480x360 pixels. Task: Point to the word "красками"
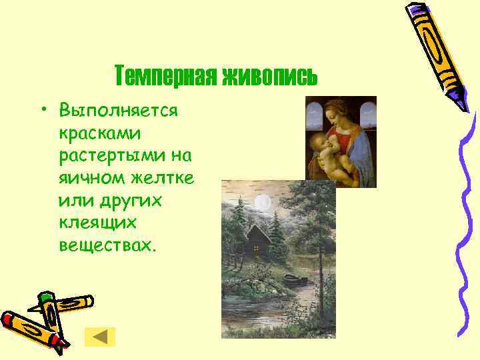pos(99,133)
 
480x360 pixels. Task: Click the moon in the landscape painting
pos(264,201)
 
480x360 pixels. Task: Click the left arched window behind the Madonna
pos(315,117)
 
